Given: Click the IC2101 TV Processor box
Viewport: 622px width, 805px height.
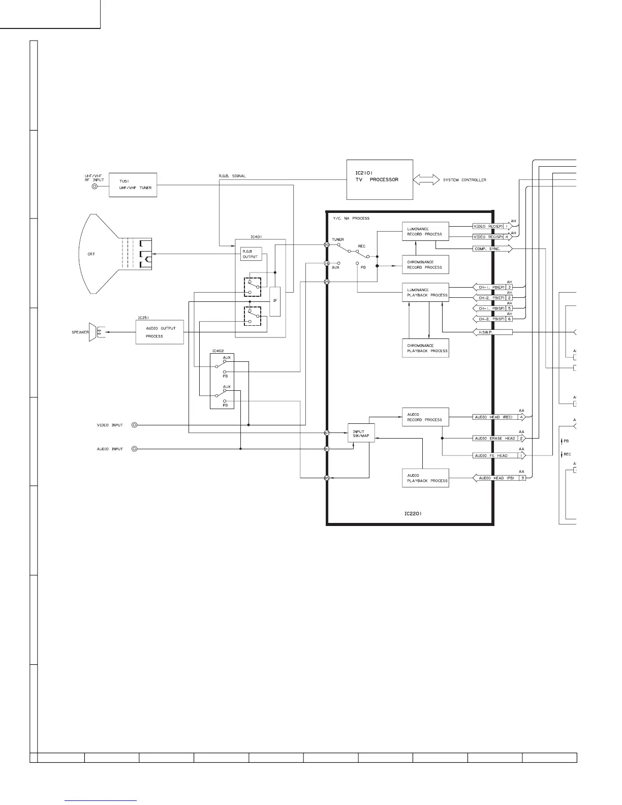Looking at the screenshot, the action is [380, 180].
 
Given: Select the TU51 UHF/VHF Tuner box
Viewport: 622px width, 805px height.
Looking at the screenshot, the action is [133, 185].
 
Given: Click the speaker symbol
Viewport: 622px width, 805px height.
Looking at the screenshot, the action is [94, 332].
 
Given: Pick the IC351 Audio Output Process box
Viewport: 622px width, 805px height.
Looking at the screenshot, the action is [160, 332].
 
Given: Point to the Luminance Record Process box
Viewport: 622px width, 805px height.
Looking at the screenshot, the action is [425, 232].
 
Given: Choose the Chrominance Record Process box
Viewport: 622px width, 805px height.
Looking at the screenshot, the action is [425, 265].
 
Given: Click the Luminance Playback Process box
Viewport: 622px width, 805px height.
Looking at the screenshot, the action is [425, 292].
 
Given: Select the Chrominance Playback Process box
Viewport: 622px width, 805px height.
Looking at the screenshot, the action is [425, 348].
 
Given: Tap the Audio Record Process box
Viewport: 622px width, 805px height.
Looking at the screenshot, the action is [425, 417].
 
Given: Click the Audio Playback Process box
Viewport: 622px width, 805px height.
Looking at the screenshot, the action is [425, 478].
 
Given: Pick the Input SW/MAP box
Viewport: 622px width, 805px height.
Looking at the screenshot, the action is [361, 433].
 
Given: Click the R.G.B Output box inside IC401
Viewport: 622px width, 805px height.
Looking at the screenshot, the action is [251, 254].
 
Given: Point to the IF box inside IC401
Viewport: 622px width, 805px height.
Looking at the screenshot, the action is [275, 301].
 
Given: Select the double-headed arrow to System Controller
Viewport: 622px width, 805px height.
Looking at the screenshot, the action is [426, 180].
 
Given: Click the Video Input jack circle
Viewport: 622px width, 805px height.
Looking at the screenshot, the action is [134, 425].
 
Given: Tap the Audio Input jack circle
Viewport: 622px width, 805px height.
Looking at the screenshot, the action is [134, 449].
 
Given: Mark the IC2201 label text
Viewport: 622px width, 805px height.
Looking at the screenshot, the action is [413, 514].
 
